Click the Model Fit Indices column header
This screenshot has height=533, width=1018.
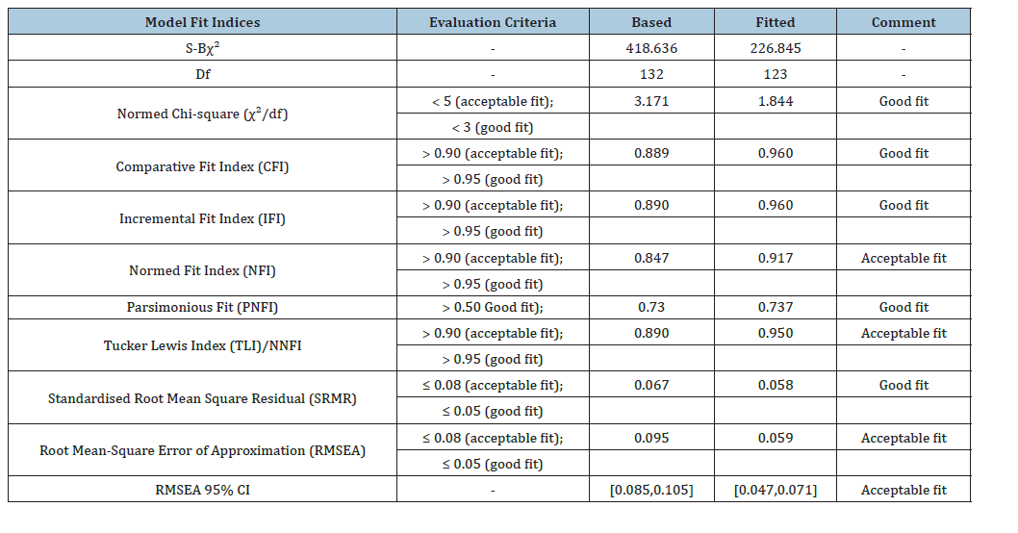pos(203,22)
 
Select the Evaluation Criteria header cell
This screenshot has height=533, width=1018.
pos(493,22)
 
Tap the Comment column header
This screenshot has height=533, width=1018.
pos(903,22)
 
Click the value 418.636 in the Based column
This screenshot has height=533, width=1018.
pos(651,48)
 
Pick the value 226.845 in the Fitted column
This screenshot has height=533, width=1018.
pos(776,48)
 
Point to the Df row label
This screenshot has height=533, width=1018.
pos(203,74)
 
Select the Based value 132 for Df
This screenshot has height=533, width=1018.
pos(651,74)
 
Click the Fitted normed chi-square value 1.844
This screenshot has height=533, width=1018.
pos(776,101)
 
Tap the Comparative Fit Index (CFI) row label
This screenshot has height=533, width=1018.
pos(203,166)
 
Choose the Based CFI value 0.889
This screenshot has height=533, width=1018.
pos(651,153)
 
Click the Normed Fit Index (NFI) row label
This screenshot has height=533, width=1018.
pos(203,270)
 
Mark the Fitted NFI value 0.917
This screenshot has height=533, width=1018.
pos(776,258)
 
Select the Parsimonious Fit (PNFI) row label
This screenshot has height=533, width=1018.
pos(203,307)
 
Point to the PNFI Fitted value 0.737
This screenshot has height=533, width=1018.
pos(776,307)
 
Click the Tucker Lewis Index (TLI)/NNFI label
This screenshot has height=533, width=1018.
pos(203,345)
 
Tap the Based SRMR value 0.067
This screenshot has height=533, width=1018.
pos(651,385)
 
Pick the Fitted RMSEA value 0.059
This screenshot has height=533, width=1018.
pos(776,438)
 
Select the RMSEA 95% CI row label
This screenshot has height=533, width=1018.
pos(203,490)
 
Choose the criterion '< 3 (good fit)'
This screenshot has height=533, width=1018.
pos(493,127)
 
